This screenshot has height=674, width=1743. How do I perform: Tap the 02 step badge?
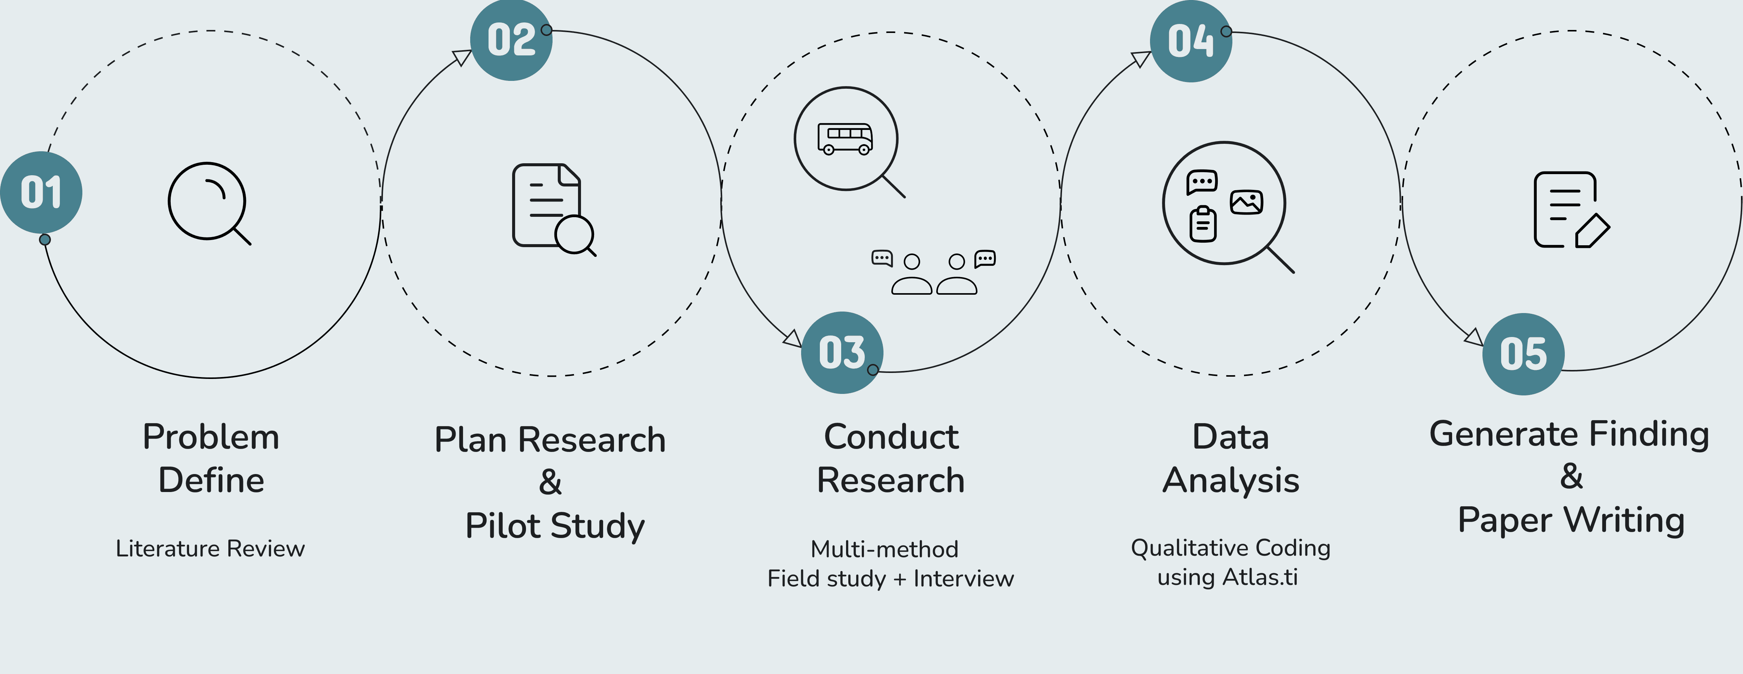(x=511, y=40)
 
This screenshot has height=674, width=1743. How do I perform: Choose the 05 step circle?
(x=1523, y=354)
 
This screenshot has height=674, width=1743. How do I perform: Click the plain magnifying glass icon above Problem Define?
(x=209, y=202)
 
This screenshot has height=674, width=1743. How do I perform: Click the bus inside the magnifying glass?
(x=845, y=139)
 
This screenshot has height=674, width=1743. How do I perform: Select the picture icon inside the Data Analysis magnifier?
(x=1246, y=202)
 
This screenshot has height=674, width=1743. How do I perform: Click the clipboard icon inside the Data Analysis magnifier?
(x=1202, y=224)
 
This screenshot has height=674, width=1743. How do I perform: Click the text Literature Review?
(x=210, y=548)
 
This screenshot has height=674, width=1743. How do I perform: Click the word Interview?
(x=964, y=579)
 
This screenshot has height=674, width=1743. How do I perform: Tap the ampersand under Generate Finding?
(x=1571, y=476)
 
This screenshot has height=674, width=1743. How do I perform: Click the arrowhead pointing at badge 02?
(x=462, y=58)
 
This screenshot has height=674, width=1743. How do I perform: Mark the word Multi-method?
(x=884, y=549)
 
